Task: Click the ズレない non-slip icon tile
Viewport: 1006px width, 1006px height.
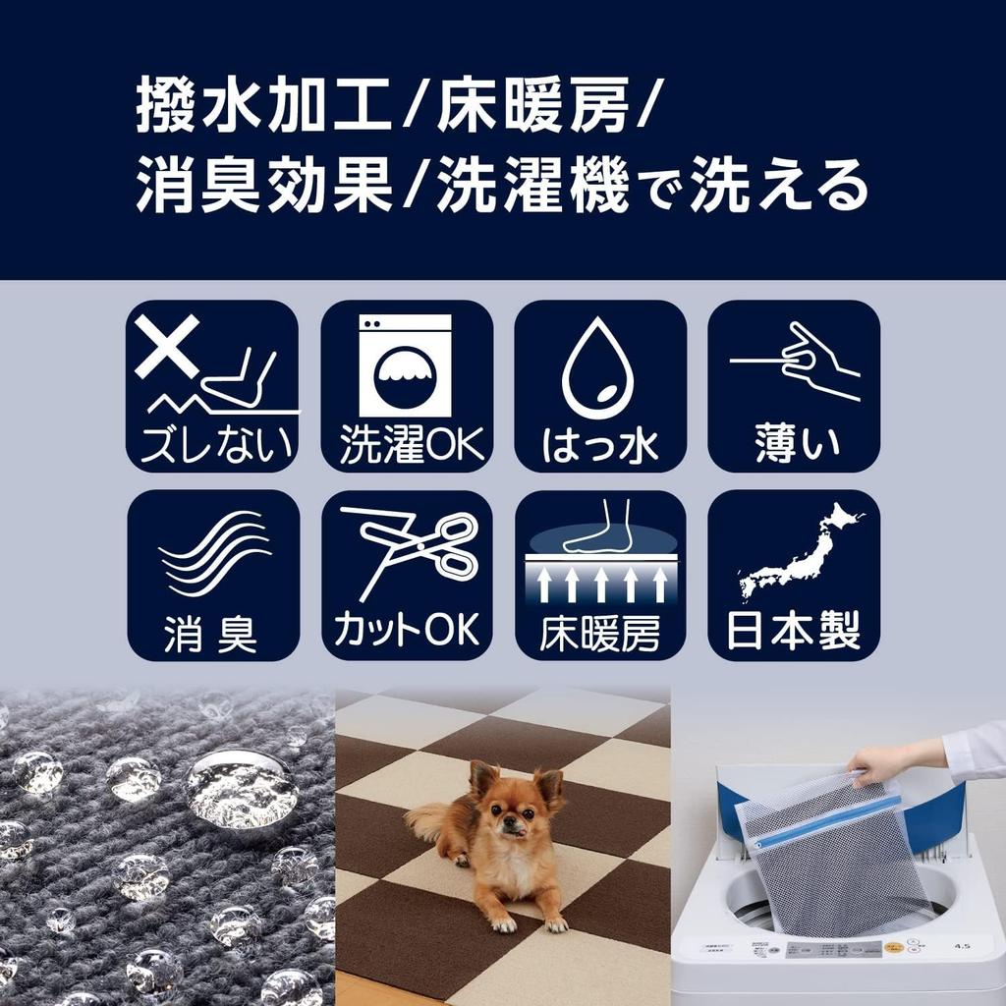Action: [212, 386]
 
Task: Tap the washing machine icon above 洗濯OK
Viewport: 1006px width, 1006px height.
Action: [405, 365]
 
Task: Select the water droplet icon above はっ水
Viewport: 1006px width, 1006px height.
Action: [598, 368]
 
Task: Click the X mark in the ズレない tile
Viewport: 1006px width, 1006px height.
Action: [167, 345]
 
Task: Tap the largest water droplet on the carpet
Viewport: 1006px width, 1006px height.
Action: [241, 788]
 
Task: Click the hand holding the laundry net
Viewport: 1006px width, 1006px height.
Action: [877, 761]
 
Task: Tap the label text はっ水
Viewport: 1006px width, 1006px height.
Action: [599, 445]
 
